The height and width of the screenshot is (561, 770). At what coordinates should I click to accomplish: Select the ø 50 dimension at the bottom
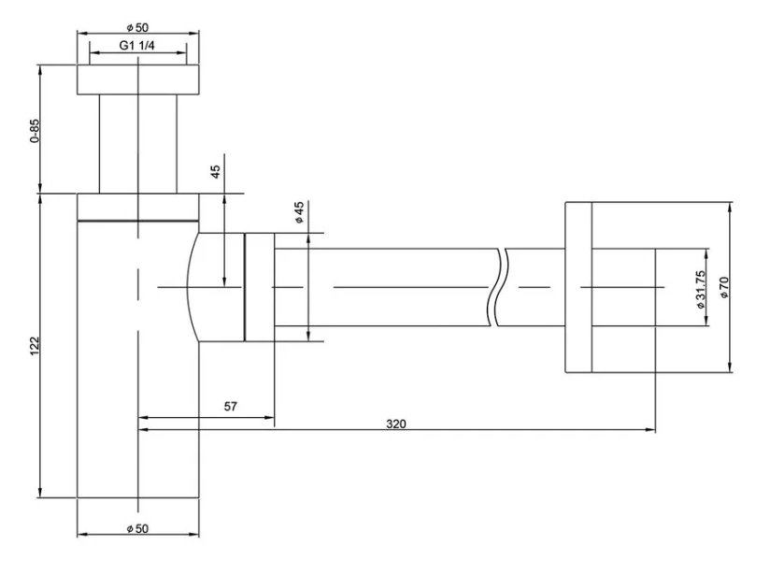pyautogui.click(x=137, y=528)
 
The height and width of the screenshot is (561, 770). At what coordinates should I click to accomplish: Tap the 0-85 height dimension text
pyautogui.click(x=35, y=131)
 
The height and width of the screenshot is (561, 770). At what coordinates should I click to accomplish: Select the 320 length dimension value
pyautogui.click(x=396, y=423)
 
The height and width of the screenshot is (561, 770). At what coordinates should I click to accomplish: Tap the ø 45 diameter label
pyautogui.click(x=299, y=213)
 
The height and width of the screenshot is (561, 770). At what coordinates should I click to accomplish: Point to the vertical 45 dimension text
pyautogui.click(x=216, y=172)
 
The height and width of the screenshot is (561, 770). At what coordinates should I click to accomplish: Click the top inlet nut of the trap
pyautogui.click(x=137, y=79)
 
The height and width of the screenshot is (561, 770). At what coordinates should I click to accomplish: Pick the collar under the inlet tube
pyautogui.click(x=137, y=207)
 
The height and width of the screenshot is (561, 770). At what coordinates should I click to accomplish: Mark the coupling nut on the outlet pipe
pyautogui.click(x=259, y=287)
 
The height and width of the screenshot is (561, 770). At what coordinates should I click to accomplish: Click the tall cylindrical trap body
pyautogui.click(x=137, y=374)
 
